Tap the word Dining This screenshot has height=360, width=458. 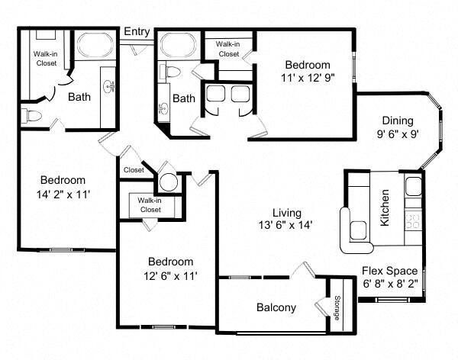coord(398,121)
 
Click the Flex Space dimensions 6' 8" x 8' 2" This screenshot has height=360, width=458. coord(389,284)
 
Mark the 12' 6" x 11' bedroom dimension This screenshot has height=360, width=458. coord(165,275)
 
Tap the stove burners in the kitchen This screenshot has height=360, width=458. coord(413,221)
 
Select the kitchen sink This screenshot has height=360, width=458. coord(413,185)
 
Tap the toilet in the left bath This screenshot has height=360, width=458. coord(33,116)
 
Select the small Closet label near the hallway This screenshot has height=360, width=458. coord(133,170)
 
